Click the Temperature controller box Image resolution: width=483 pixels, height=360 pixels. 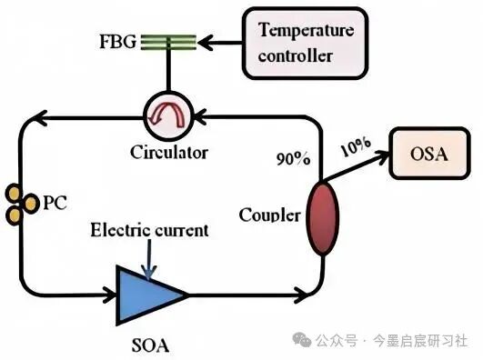[x=306, y=43]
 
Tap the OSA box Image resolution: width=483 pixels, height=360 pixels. [x=429, y=153]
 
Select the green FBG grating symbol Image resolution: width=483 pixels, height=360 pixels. [x=168, y=42]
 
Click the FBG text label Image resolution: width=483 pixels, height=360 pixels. [x=117, y=41]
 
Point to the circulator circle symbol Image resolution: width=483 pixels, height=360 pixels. [x=168, y=116]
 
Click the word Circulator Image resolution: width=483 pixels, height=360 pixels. [x=169, y=152]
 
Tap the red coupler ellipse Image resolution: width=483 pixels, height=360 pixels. [x=323, y=218]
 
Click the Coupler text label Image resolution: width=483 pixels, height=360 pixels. [x=269, y=215]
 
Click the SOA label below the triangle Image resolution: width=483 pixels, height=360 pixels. [x=150, y=345]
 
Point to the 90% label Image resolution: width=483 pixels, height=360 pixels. [x=293, y=158]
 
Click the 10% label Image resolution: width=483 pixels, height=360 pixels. [x=356, y=146]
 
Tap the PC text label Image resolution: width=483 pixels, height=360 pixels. [x=55, y=203]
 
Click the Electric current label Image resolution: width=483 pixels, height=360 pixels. [x=149, y=230]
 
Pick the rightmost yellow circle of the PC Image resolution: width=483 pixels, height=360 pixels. [x=31, y=204]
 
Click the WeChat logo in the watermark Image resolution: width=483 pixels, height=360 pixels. [x=302, y=340]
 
